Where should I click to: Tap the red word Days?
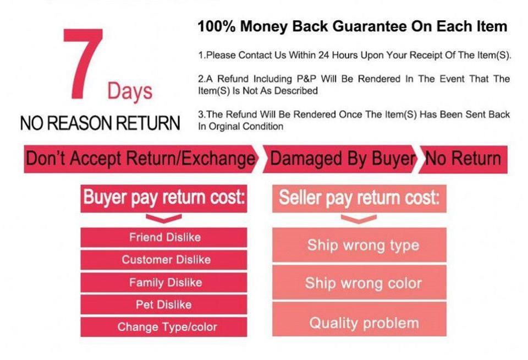[130, 91]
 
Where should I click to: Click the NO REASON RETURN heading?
[100, 123]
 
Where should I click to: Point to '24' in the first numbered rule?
[323, 55]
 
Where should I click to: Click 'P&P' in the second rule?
[306, 79]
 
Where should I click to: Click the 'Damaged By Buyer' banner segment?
[340, 159]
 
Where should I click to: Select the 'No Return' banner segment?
[463, 159]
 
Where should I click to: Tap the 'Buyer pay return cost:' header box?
[164, 198]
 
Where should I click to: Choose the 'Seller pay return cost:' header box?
[359, 198]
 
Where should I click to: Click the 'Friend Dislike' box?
[164, 237]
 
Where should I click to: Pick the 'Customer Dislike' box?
[164, 260]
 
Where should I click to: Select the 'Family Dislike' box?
[164, 282]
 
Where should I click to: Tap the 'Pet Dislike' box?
[164, 304]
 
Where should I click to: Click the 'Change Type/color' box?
[164, 326]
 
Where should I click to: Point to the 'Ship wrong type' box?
[359, 245]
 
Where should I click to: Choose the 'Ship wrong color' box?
[359, 282]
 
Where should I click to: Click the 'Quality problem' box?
[359, 319]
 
